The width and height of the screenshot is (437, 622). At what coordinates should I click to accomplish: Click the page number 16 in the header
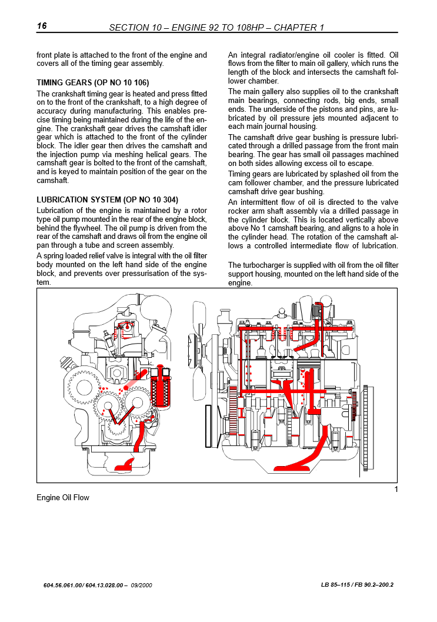[42, 26]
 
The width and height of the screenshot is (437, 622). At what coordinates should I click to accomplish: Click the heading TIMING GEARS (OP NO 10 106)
[93, 82]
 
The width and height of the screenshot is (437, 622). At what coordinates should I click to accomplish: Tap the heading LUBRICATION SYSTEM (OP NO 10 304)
[107, 199]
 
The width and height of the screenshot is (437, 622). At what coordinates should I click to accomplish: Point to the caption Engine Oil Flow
[63, 498]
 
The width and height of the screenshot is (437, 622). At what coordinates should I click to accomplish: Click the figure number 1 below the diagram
[396, 490]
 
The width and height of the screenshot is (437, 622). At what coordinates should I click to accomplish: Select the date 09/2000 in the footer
[142, 586]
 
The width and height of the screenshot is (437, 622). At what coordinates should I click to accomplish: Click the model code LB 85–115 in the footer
[338, 586]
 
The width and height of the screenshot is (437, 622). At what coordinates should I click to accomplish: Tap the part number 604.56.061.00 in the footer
[62, 586]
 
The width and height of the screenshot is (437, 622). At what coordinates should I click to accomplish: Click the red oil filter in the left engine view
[159, 388]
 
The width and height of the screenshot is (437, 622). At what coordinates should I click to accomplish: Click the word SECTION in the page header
[129, 28]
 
